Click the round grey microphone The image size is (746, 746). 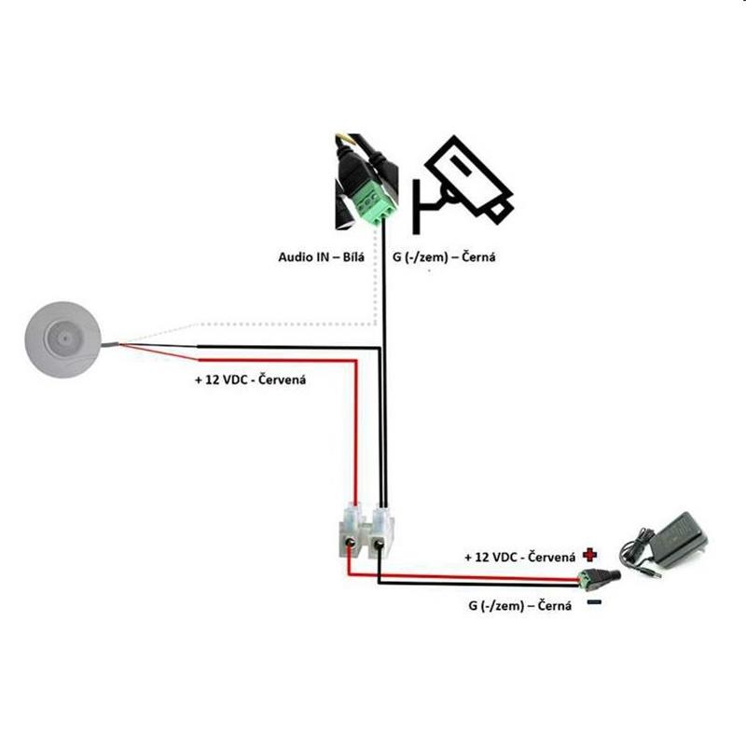click(x=62, y=339)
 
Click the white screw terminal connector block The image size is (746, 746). click(x=366, y=532)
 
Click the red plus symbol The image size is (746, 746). click(x=590, y=555)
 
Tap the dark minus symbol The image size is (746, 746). click(x=595, y=602)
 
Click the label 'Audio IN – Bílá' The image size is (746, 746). click(x=321, y=257)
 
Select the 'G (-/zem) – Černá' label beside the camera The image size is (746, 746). click(x=444, y=257)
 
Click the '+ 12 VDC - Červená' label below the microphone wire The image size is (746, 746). click(x=250, y=380)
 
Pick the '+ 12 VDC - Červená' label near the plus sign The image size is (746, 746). click(x=520, y=557)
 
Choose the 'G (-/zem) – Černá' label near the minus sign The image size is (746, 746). click(x=520, y=605)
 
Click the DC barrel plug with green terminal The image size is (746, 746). click(x=599, y=576)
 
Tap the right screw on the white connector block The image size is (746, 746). click(x=380, y=542)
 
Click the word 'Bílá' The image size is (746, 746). click(x=353, y=257)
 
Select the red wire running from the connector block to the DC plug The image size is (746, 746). click(x=463, y=576)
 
